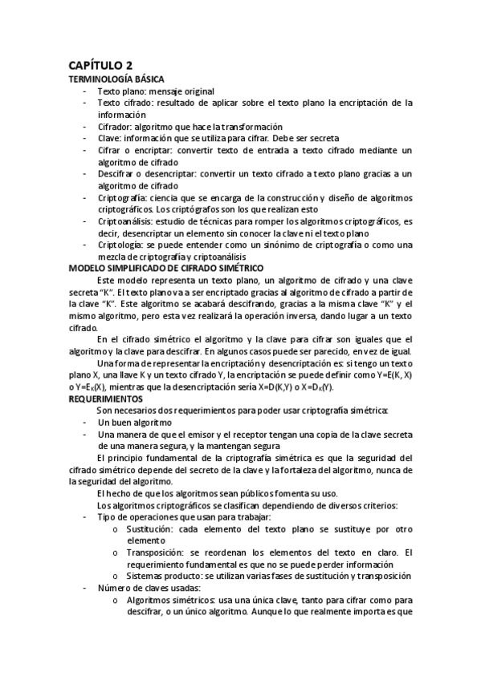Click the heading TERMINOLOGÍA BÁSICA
116,79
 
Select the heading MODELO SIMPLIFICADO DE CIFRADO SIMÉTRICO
172,266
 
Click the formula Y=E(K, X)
388,375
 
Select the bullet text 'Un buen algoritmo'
135,422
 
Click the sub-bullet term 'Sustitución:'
155,529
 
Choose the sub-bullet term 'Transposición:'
158,552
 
